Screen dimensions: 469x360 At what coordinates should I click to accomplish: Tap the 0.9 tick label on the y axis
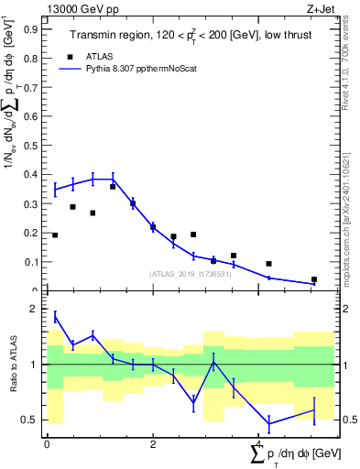coord(31,28)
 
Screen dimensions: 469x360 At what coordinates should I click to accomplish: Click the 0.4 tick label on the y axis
coord(31,174)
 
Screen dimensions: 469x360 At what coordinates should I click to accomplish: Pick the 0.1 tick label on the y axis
coord(31,262)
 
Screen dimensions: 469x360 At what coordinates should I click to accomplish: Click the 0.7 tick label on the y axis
coord(31,87)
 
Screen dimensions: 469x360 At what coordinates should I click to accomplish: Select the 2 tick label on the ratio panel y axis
coord(36,309)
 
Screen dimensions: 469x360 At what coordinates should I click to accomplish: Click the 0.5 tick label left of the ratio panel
coord(31,420)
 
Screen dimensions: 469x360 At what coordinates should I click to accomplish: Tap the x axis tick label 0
coord(47,443)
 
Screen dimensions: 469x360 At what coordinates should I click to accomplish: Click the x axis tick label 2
coord(153,443)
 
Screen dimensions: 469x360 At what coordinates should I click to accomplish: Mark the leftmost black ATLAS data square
coord(55,235)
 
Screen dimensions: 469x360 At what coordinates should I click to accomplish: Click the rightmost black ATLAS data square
coord(314,279)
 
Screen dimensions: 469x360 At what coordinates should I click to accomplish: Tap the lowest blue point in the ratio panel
coord(269,423)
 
